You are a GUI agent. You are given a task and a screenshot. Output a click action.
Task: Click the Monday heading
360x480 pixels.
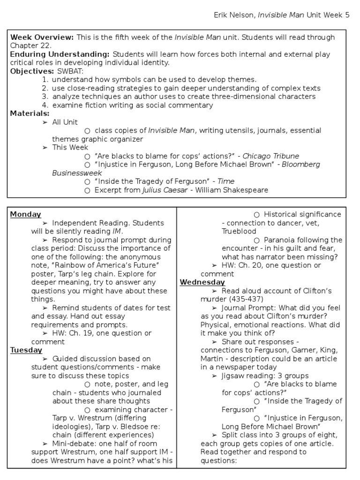click(25, 214)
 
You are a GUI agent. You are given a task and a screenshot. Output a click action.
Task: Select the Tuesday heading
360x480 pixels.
click(26, 350)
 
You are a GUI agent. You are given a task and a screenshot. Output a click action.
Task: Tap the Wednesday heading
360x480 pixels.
click(202, 282)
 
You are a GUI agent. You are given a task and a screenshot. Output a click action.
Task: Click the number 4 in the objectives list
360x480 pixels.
click(45, 105)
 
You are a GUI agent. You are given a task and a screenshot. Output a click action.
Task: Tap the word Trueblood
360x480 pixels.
click(239, 232)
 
